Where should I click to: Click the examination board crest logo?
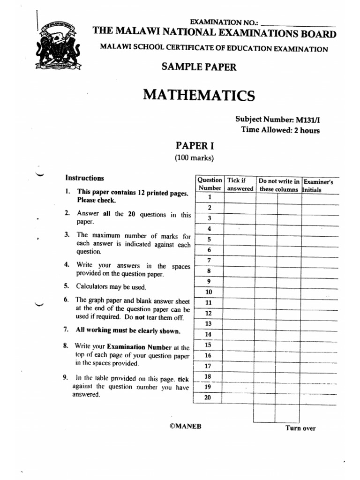point(58,45)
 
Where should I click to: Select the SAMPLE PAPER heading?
point(199,67)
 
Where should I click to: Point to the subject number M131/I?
point(280,120)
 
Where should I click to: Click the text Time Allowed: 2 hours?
point(280,130)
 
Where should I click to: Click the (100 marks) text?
point(194,158)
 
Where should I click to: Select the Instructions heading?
point(84,178)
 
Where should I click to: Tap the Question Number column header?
point(209,184)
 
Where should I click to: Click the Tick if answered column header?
point(240,184)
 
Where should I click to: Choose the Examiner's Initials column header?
point(319,185)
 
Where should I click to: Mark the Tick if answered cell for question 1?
point(240,197)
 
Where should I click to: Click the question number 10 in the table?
point(209,292)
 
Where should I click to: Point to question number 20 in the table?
point(209,398)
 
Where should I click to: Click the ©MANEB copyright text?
point(186,426)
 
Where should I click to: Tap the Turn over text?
point(300,428)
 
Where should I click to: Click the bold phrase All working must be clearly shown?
point(127,330)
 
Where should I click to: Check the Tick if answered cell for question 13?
point(240,323)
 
